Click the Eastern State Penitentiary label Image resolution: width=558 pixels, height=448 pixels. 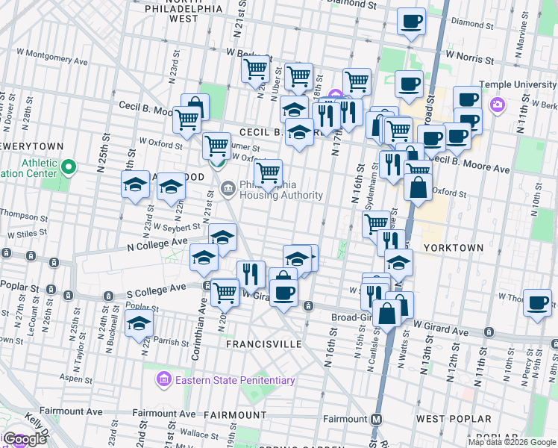click(234, 380)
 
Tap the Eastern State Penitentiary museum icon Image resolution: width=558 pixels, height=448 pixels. click(163, 380)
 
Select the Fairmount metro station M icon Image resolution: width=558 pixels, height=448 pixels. click(377, 419)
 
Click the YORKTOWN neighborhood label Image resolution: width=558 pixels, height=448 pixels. click(454, 247)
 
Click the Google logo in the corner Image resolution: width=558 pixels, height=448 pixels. click(25, 439)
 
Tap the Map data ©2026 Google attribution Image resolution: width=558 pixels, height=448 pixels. click(512, 442)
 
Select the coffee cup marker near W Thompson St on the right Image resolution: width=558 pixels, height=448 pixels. click(537, 302)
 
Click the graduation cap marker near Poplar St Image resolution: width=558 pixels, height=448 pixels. click(139, 325)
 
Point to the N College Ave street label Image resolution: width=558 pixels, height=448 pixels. click(157, 243)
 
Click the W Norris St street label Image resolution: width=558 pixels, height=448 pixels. click(470, 54)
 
